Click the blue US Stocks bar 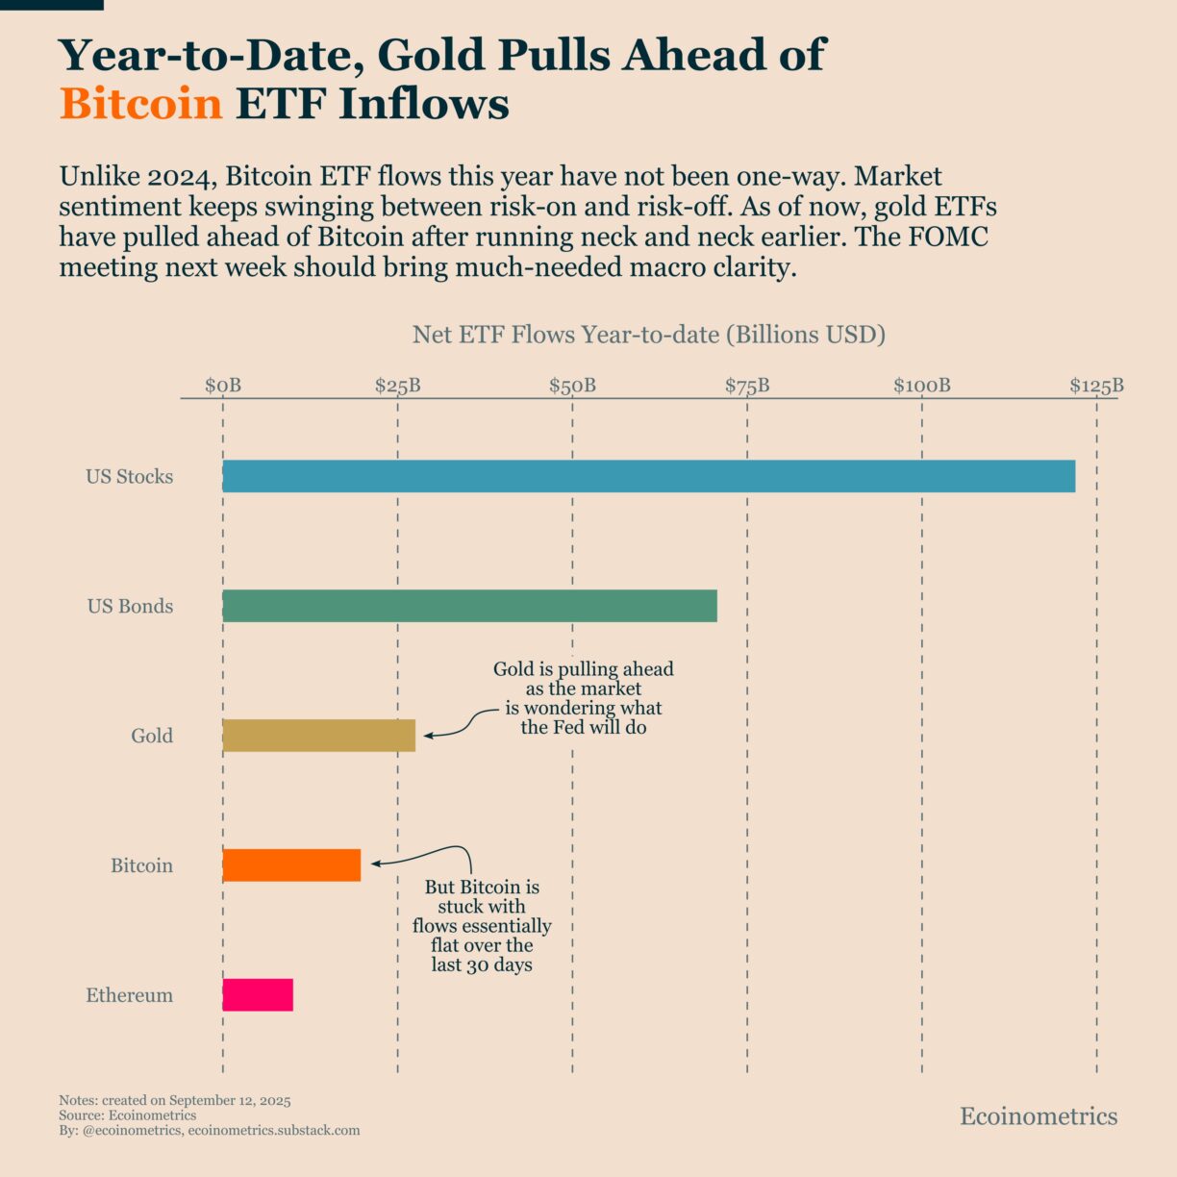click(x=648, y=476)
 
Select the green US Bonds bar click(x=469, y=606)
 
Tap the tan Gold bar click(x=318, y=736)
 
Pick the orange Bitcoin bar click(x=291, y=865)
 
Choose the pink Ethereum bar click(x=258, y=995)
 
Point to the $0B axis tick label click(x=223, y=386)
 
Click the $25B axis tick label click(x=397, y=386)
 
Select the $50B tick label click(x=572, y=386)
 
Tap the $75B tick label click(x=747, y=386)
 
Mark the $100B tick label click(x=921, y=386)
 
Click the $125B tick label click(x=1096, y=386)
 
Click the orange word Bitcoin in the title click(x=140, y=104)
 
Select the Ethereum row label click(x=130, y=995)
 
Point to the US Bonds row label click(x=130, y=606)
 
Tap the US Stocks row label click(x=130, y=476)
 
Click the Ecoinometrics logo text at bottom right click(x=1039, y=1115)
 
